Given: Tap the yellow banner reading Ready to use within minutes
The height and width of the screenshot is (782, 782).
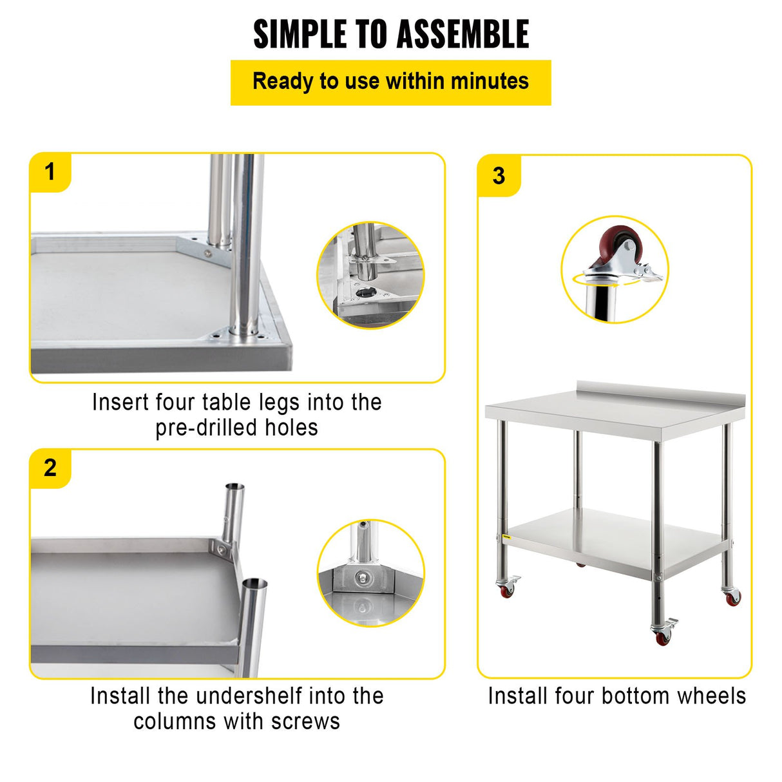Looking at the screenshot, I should (390, 82).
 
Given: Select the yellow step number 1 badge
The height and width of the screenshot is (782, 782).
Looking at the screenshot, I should (50, 173).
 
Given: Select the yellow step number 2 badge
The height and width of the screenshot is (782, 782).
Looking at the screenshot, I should (50, 468).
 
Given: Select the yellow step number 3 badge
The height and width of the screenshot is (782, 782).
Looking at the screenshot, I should (499, 176).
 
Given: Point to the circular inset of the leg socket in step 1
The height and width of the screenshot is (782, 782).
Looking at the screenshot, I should (370, 275).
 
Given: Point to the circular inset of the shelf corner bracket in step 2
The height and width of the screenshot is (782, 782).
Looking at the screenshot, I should (370, 573).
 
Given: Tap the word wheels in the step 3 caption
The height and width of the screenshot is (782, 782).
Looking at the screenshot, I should (714, 696).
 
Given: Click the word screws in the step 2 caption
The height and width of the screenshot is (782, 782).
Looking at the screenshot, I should (305, 721).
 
